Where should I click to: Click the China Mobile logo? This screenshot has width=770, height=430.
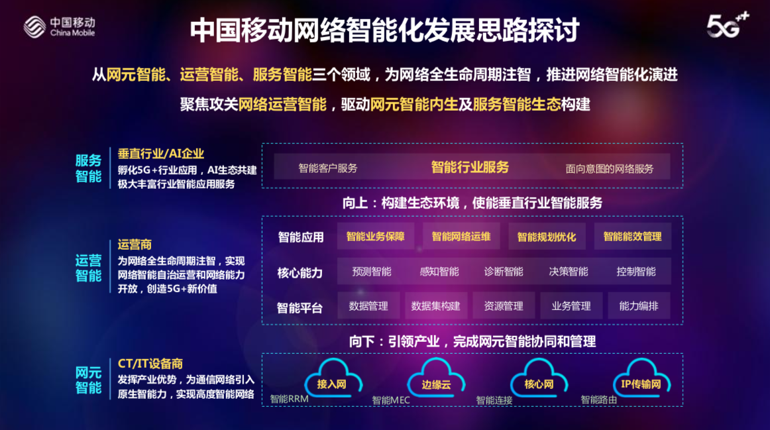coord(60,27)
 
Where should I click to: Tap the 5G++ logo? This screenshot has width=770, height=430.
coord(728,25)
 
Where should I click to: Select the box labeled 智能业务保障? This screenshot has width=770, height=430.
coord(376,237)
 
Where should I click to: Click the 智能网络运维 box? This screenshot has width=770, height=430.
coord(461,237)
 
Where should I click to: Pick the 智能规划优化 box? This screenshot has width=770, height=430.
coord(547,237)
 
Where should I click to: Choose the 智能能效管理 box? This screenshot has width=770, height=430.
coord(632,237)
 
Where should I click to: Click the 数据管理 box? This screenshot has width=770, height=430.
coord(368,306)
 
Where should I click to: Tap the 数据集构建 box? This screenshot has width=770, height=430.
coord(435,306)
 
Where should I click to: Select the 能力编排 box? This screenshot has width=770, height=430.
coord(638,306)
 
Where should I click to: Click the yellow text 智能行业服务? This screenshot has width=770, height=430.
coord(470,168)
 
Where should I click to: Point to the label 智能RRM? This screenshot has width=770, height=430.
coord(289,399)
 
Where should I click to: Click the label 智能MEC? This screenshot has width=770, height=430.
coord(391,400)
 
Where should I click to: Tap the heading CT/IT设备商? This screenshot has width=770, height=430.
coord(150,364)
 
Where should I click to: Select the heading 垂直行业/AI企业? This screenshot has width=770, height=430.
coord(160,154)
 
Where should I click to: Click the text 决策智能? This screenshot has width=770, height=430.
coord(568,272)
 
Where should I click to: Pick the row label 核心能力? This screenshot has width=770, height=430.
coord(300,273)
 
